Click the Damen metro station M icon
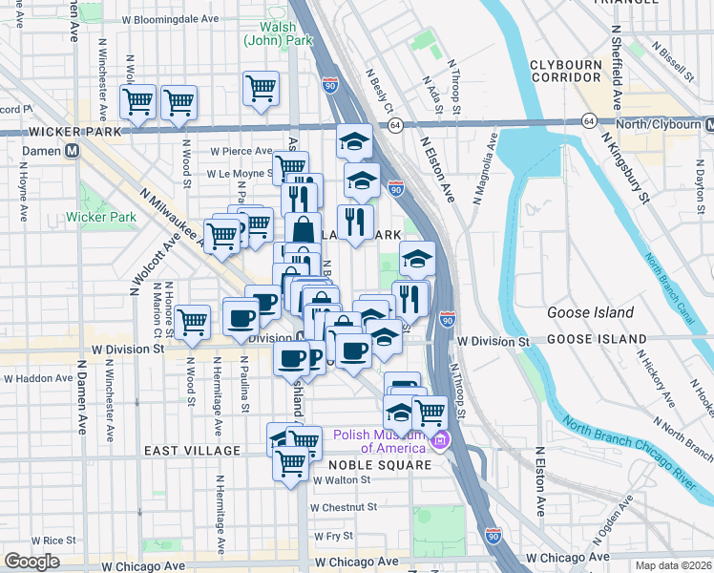point(72,152)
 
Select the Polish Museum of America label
point(379,441)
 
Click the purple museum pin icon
point(440,441)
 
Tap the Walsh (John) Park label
point(271,33)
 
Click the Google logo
point(31,562)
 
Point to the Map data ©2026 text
point(673,565)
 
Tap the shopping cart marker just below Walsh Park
point(261,89)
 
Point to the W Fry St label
point(332,537)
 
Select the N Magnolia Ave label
point(485,167)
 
